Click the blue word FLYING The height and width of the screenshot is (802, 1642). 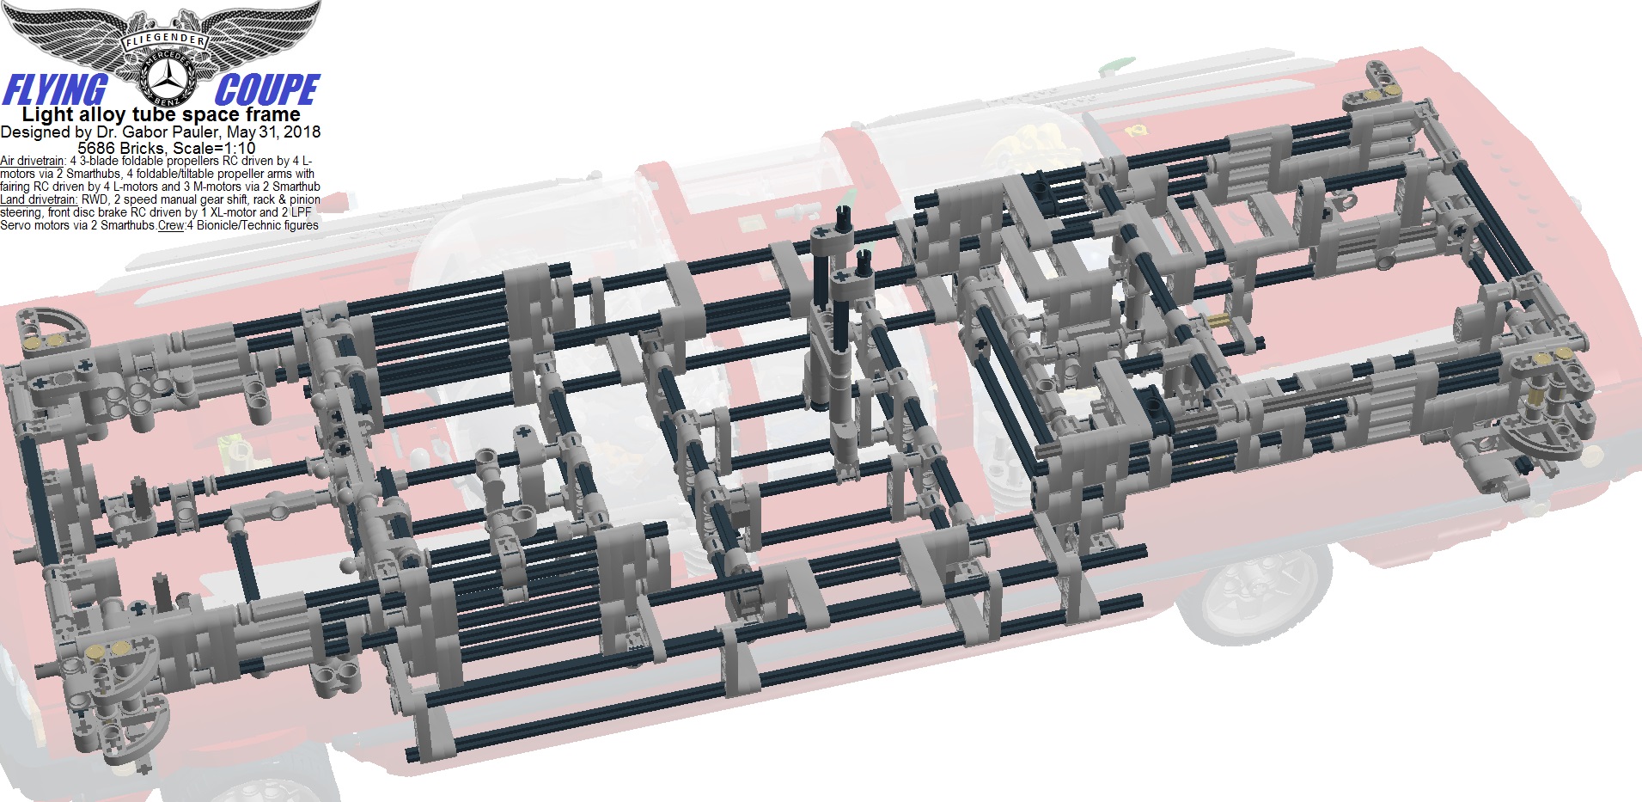click(x=55, y=90)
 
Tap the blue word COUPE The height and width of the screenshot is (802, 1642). click(x=267, y=90)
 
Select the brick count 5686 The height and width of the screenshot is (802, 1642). click(x=96, y=147)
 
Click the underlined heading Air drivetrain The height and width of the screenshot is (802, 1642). click(x=37, y=161)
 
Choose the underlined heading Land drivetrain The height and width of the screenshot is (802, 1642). click(x=40, y=199)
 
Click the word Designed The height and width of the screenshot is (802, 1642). click(x=34, y=132)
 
